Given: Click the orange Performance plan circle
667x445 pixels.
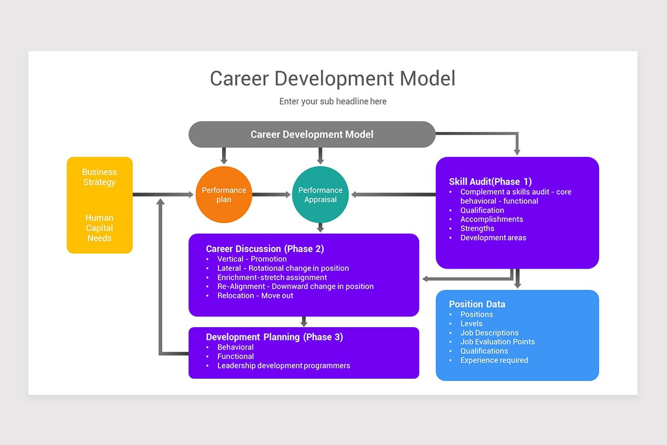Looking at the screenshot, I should (x=224, y=194).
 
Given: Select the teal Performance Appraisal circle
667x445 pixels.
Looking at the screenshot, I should (x=320, y=194).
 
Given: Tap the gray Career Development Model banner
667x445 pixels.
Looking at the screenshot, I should (x=312, y=134).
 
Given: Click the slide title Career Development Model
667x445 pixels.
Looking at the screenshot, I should (x=332, y=78).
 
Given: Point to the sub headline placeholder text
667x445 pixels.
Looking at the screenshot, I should (x=332, y=101).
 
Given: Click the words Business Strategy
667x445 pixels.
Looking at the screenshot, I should (x=99, y=177).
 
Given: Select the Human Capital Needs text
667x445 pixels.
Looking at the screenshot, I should (x=99, y=228).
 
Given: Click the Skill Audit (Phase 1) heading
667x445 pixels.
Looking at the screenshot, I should (x=490, y=181).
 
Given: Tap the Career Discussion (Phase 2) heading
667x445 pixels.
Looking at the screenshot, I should (x=265, y=249).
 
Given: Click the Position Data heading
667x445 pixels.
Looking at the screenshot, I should (x=477, y=304).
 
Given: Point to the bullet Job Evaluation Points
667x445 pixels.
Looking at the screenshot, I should (x=497, y=342).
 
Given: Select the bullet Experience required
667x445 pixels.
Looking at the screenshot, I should (x=494, y=360).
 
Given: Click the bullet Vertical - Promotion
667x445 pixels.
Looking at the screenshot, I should (x=252, y=259).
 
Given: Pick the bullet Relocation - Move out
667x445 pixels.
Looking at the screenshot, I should (x=255, y=295).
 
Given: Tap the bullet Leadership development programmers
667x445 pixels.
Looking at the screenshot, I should (x=283, y=365).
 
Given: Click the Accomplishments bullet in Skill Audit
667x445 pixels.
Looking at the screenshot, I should (x=491, y=219).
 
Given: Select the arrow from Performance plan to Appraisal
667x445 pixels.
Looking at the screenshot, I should (x=272, y=195).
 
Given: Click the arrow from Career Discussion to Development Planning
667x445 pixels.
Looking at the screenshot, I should (x=303, y=322).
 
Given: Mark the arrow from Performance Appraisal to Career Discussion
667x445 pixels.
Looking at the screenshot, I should (x=320, y=227).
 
